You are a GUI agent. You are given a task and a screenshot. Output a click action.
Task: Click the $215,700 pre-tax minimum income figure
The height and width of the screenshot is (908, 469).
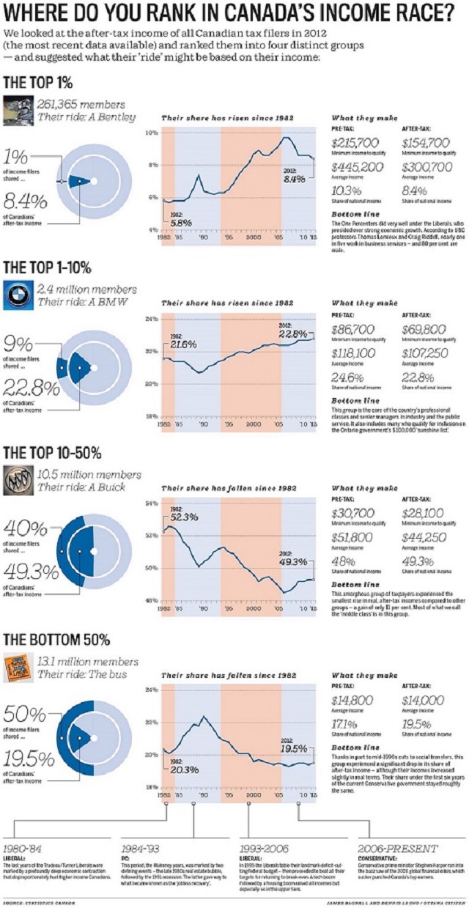pyautogui.click(x=355, y=143)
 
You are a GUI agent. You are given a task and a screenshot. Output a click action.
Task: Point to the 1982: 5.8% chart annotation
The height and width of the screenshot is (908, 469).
pyautogui.click(x=176, y=218)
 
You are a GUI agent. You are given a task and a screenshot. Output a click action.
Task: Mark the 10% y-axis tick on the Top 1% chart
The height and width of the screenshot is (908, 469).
pyautogui.click(x=152, y=133)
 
